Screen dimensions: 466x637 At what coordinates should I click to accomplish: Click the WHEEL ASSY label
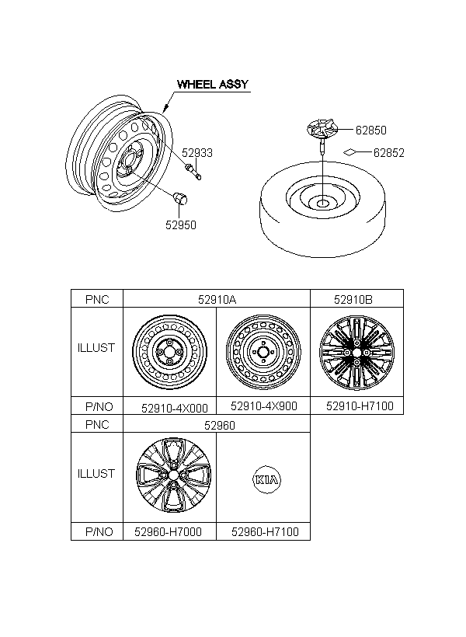coord(213,84)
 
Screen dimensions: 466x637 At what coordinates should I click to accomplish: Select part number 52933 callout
coord(197,153)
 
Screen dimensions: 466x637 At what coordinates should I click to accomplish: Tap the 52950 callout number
coord(181,225)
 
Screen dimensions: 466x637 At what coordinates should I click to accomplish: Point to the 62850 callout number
coord(371,130)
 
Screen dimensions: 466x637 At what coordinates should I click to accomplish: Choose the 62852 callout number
coord(389,153)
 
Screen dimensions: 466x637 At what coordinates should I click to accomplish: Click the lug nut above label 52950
coord(179,198)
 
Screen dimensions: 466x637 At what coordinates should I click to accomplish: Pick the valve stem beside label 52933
coord(193,171)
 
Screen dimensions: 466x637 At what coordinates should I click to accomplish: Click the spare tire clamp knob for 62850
coord(322,129)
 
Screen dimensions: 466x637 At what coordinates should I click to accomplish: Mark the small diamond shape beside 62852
coord(349,152)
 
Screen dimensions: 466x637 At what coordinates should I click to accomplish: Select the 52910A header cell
coord(217,300)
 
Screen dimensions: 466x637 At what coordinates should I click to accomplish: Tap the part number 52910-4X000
coord(175,408)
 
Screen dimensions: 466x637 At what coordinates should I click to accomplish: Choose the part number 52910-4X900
coord(264,406)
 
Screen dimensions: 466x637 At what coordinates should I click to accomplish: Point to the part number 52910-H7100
coord(360,406)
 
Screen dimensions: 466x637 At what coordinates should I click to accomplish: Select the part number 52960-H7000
coord(169,532)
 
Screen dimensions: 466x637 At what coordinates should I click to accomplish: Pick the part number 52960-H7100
coord(266,532)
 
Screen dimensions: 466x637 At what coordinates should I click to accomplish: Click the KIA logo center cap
coord(266,480)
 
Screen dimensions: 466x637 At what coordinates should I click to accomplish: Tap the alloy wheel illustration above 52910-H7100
coord(356,353)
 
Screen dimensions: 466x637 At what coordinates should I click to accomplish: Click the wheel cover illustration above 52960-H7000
coord(173,475)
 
